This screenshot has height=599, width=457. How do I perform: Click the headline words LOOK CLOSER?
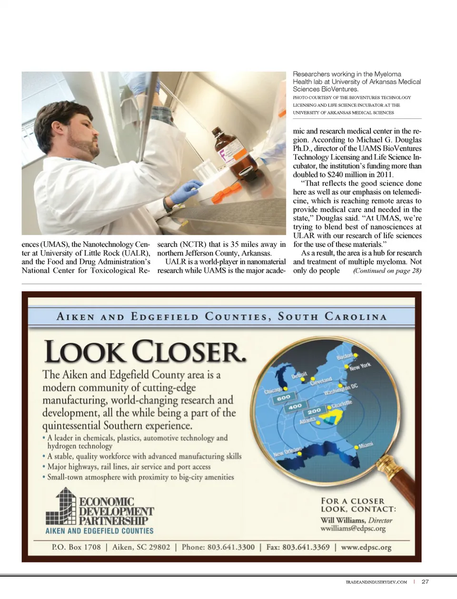145,352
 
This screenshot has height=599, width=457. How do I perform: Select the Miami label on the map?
366,445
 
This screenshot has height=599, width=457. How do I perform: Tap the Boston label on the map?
345,356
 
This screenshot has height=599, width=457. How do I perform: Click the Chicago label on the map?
273,391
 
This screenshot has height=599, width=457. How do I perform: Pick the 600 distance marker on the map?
283,397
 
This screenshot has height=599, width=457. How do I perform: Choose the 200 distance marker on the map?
314,411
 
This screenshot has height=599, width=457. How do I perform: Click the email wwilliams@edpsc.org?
353,529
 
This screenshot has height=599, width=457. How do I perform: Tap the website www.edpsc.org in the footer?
366,547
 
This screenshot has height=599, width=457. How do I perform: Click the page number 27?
425,581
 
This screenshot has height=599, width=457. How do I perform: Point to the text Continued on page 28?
387,271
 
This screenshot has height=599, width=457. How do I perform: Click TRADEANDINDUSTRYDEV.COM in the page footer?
376,582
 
